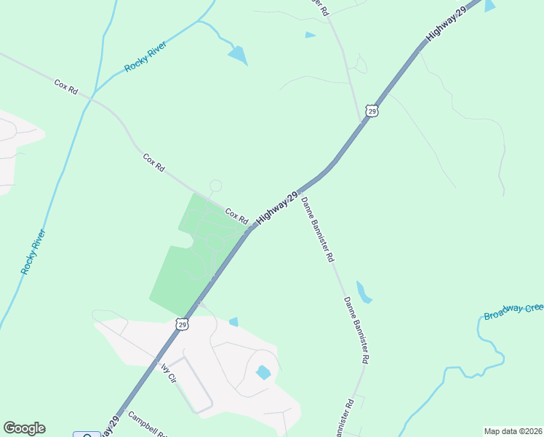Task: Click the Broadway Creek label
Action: (513, 312)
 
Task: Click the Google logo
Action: (24, 428)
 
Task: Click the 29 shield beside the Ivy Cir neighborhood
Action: (183, 323)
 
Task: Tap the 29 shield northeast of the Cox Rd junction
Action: (372, 111)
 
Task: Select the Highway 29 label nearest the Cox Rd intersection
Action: (277, 208)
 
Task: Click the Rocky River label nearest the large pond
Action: (145, 57)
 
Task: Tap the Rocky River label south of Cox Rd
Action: (33, 252)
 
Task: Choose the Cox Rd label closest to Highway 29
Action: (236, 216)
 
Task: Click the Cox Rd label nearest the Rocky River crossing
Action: (65, 86)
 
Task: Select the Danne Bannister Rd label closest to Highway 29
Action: (318, 229)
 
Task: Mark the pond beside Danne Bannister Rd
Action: (364, 292)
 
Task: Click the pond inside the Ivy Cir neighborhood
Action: (263, 372)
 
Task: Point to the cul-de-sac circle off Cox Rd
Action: (215, 186)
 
